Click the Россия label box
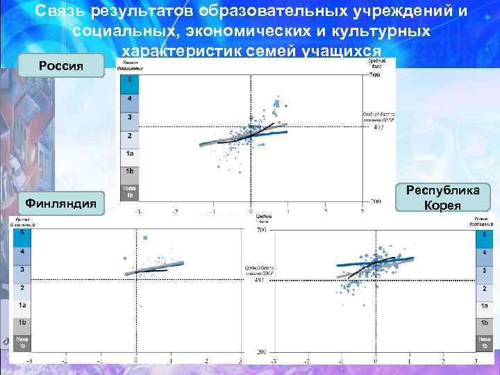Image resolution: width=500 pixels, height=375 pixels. [62, 66]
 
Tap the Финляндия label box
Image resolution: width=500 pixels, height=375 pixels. [62, 203]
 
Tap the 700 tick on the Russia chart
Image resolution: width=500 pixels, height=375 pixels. [374, 74]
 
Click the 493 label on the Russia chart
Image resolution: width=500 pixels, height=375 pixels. [378, 127]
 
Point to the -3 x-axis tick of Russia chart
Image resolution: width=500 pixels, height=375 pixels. [137, 211]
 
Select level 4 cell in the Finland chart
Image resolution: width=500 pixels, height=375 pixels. [22, 251]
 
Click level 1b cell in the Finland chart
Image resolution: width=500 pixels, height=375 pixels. [22, 323]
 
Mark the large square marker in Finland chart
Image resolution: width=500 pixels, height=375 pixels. [146, 238]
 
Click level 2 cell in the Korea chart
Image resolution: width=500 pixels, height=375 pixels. [484, 287]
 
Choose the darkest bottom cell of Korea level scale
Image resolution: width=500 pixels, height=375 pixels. [484, 342]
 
